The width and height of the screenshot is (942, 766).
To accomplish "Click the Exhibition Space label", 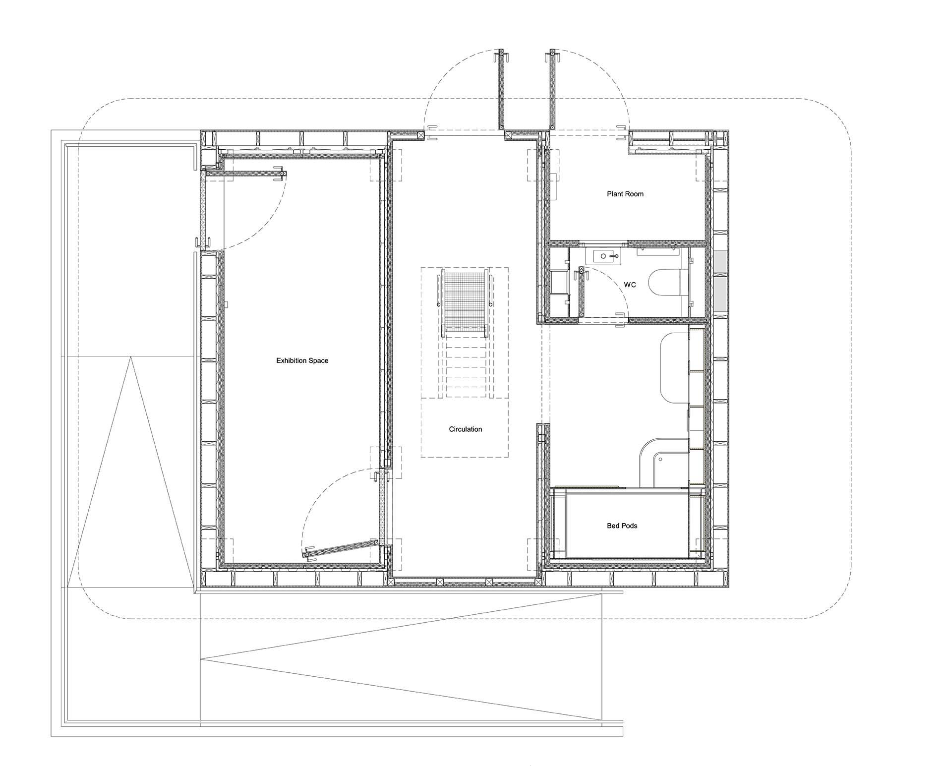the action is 302,360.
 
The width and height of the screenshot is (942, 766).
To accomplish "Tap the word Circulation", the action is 466,429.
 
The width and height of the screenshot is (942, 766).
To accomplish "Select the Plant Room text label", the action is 625,194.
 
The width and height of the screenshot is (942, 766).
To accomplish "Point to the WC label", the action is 630,285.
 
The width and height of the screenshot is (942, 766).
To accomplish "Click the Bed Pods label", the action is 622,526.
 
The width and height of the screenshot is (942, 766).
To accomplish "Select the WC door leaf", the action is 582,293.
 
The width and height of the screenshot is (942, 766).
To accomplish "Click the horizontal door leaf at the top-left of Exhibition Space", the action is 246,174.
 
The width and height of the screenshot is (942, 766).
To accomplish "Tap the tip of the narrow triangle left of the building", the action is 131,357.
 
